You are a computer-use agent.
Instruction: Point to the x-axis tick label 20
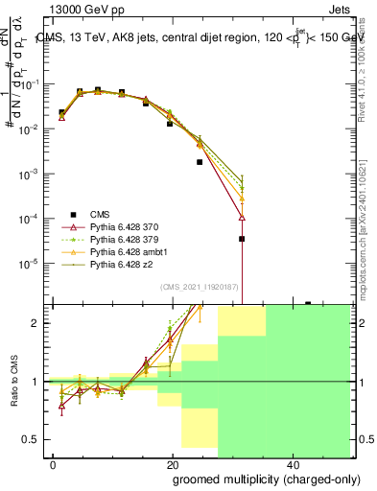172,464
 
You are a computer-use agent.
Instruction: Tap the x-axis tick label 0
53,464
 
